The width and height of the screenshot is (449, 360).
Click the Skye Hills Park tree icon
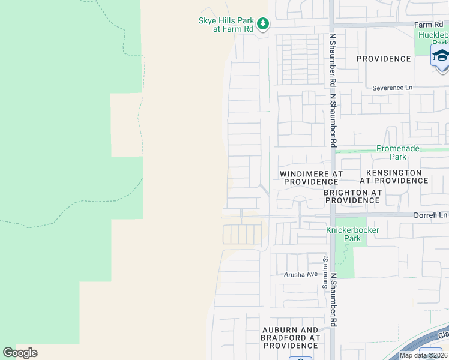(x=262, y=24)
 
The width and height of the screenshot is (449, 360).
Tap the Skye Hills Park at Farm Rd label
(x=227, y=25)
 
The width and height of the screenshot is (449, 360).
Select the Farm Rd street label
(x=428, y=25)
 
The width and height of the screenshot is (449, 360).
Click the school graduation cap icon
(x=440, y=56)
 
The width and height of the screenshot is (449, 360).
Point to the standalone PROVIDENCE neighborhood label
(x=384, y=59)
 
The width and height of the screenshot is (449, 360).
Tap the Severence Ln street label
(x=393, y=88)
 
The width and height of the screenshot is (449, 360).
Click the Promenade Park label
(x=397, y=152)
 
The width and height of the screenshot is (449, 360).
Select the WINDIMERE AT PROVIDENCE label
(x=311, y=177)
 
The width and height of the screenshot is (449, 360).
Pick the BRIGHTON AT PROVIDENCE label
(x=352, y=196)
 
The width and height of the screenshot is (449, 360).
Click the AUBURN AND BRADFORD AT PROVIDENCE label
(x=291, y=338)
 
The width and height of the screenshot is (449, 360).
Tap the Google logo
(x=20, y=353)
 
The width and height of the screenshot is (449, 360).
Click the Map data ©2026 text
(x=423, y=355)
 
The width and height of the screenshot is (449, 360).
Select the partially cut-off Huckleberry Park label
(x=433, y=38)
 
